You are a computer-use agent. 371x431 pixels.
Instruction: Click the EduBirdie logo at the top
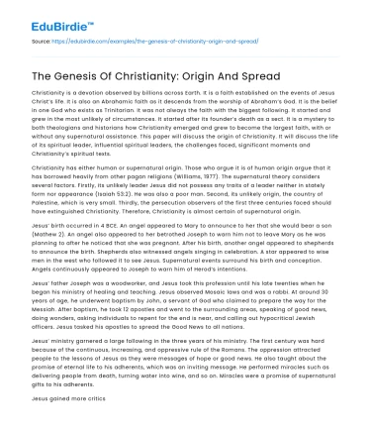(46, 15)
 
